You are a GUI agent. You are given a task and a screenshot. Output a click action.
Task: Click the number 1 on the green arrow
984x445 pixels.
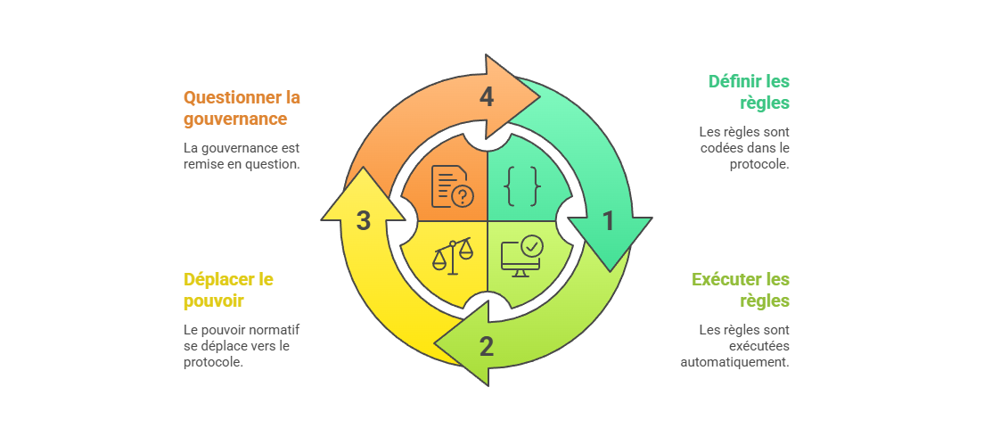pyautogui.click(x=609, y=221)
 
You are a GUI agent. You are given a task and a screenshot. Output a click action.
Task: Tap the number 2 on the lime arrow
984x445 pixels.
pyautogui.click(x=487, y=346)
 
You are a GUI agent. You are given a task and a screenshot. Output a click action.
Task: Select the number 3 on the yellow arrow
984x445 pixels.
pyautogui.click(x=364, y=221)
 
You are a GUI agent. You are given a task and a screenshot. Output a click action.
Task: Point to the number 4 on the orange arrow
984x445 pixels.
pyautogui.click(x=487, y=97)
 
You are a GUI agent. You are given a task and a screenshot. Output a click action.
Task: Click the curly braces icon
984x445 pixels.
pyautogui.click(x=522, y=185)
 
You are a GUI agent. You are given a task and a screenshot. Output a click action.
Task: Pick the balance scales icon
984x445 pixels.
pyautogui.click(x=453, y=256)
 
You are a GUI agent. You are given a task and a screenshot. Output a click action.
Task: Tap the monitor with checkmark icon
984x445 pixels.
pyautogui.click(x=521, y=256)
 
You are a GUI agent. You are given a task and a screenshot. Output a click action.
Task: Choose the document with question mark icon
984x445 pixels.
pyautogui.click(x=452, y=185)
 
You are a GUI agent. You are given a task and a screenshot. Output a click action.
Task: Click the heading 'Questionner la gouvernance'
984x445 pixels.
pyautogui.click(x=242, y=107)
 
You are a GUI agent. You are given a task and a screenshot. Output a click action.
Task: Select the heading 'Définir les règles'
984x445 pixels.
pyautogui.click(x=749, y=92)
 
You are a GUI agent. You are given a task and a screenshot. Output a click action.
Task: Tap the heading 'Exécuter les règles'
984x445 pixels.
pyautogui.click(x=741, y=290)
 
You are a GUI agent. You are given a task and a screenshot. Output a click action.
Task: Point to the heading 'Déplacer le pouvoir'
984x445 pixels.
pyautogui.click(x=228, y=290)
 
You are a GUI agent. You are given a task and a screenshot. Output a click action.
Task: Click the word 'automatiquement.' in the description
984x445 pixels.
pyautogui.click(x=734, y=362)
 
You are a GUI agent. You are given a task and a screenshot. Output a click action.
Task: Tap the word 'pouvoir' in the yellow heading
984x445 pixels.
pyautogui.click(x=214, y=301)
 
